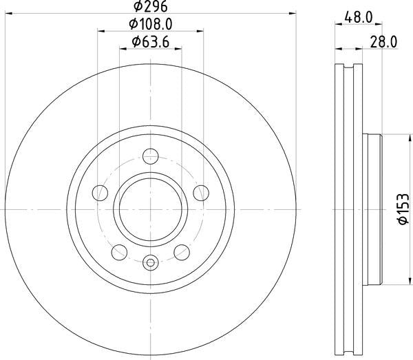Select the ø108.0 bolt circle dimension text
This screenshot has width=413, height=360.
[x=151, y=24]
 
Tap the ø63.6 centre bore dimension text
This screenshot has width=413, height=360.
[x=151, y=43]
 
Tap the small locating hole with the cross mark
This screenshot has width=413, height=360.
[x=151, y=262]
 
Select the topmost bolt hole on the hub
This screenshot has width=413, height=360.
[x=151, y=156]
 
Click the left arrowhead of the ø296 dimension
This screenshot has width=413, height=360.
[x=10, y=13]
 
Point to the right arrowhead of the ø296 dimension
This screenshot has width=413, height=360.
[x=293, y=13]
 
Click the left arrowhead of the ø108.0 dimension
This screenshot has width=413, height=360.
[x=100, y=31]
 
